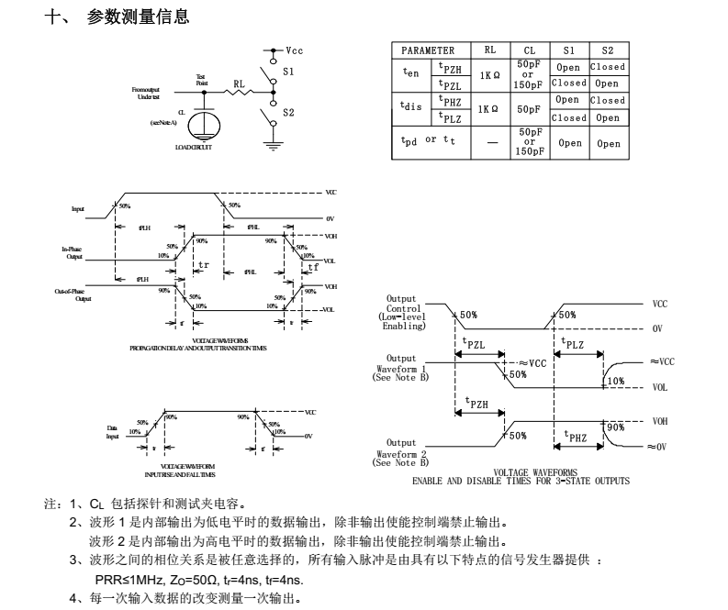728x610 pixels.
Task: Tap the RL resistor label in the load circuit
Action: tap(240, 83)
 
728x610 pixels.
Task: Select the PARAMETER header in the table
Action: tap(429, 50)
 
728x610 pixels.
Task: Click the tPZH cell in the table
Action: tap(450, 67)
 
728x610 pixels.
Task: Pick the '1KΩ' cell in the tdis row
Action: tap(487, 109)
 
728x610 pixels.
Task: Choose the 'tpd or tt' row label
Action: tap(429, 141)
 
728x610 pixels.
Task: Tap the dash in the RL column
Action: tap(487, 142)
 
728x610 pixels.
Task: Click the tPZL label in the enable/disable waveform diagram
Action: tap(475, 344)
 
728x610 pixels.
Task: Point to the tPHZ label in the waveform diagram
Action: tap(576, 437)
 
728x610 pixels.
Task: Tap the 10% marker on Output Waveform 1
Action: tap(615, 380)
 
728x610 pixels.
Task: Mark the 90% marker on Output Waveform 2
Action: tap(615, 427)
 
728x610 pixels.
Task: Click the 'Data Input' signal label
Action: tap(113, 432)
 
